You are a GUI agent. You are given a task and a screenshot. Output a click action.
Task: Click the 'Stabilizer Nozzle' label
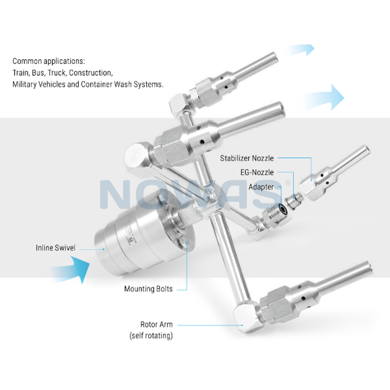(x=247, y=158)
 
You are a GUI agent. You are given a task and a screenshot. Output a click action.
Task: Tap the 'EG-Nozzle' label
(x=257, y=173)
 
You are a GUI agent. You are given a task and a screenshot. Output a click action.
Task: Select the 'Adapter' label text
(x=261, y=187)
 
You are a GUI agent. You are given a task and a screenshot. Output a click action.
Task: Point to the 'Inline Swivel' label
(x=55, y=248)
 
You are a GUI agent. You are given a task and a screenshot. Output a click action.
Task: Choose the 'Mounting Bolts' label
(x=148, y=289)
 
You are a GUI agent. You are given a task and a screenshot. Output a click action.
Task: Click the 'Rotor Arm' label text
(x=156, y=324)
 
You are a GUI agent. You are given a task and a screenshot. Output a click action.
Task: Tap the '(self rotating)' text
(x=151, y=335)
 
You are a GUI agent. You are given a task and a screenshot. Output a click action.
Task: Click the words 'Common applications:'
(x=49, y=61)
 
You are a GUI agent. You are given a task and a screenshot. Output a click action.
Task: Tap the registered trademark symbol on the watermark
(x=288, y=183)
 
